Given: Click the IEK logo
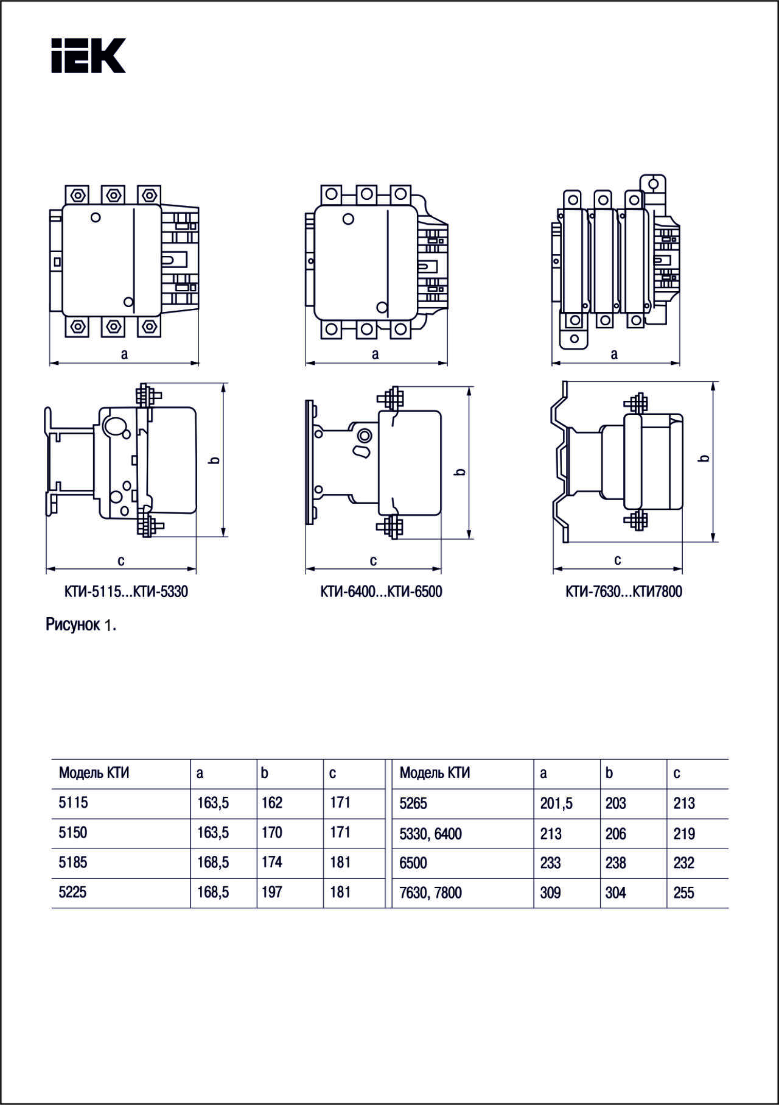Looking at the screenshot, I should [88, 56].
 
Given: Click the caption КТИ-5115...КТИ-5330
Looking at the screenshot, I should [126, 591].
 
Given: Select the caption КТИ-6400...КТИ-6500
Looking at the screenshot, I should [381, 591].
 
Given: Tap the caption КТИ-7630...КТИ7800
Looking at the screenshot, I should [624, 591].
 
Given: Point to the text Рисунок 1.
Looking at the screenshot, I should [80, 625].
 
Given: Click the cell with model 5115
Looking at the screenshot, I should [73, 803].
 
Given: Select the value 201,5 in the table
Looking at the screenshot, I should [556, 803].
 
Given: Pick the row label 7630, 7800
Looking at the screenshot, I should [430, 893].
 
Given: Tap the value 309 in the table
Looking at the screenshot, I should [550, 893].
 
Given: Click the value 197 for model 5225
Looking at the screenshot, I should [271, 892].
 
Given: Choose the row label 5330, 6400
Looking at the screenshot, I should [430, 834].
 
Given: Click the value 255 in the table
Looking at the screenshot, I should [683, 893].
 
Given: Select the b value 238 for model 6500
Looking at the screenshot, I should [615, 863].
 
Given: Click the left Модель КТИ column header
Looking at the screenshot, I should [94, 773].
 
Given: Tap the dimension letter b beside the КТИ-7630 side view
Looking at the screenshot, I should [705, 458].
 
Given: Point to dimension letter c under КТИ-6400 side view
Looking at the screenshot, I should [373, 560].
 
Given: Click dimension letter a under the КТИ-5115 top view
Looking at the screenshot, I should [124, 354].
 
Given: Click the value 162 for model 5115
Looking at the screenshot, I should [271, 803].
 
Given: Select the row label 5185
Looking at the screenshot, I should [73, 863].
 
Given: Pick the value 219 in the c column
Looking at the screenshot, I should [683, 834].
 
